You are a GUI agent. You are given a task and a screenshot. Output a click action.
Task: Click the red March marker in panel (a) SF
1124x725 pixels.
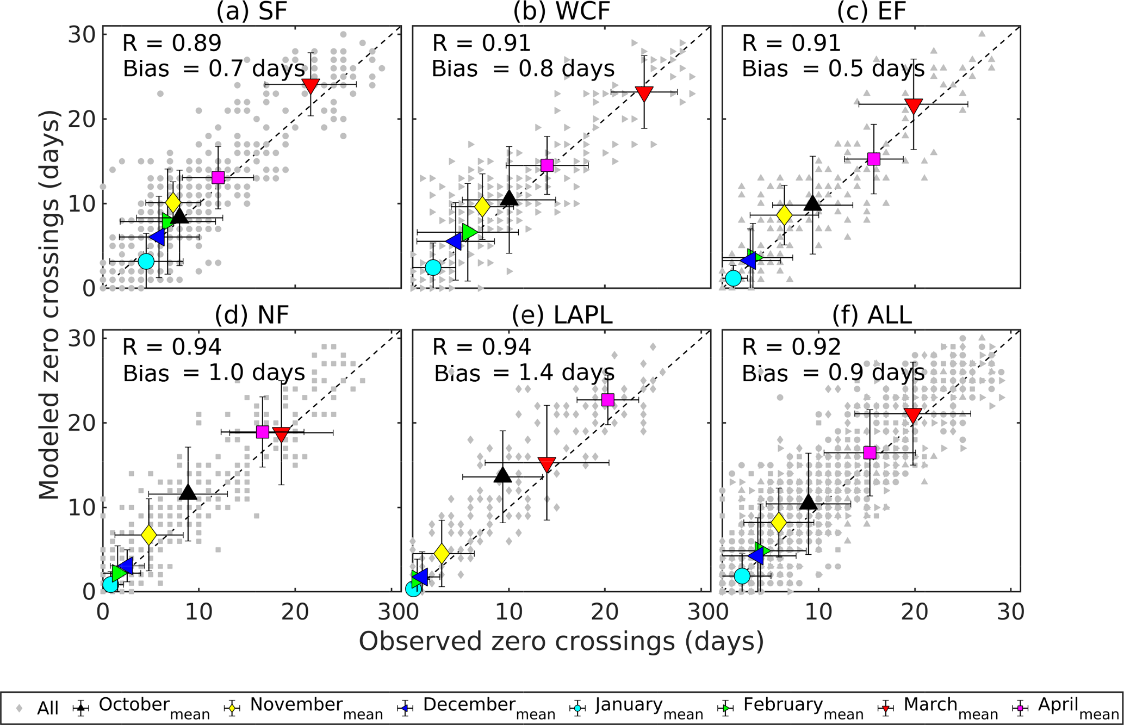pos(311,85)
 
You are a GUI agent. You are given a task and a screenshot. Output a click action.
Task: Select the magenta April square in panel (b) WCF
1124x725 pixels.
pos(547,165)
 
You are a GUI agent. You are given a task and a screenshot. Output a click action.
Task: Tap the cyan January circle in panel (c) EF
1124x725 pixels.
pos(734,278)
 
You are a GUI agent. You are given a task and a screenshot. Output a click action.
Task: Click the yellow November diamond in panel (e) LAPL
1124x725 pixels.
pos(442,554)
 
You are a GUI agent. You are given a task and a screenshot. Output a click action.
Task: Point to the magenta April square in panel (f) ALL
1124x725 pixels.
pos(870,453)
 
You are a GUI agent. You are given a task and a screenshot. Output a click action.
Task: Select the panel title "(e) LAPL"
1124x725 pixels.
pos(562,315)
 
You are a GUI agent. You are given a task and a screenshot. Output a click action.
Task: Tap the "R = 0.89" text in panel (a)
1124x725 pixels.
pos(172,44)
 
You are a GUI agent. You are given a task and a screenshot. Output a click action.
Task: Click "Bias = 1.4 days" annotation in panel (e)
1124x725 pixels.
pos(524,374)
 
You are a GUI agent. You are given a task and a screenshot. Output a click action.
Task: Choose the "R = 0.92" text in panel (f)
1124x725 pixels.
pos(792,347)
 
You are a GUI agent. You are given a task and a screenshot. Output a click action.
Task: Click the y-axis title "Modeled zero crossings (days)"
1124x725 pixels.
pos(50,305)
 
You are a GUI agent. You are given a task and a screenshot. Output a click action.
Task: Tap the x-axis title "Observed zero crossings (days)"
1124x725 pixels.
pos(561,642)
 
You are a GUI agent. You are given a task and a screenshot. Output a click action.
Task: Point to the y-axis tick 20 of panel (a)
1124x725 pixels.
pos(82,119)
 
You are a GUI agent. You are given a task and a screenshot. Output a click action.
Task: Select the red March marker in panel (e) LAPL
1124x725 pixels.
pos(547,464)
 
